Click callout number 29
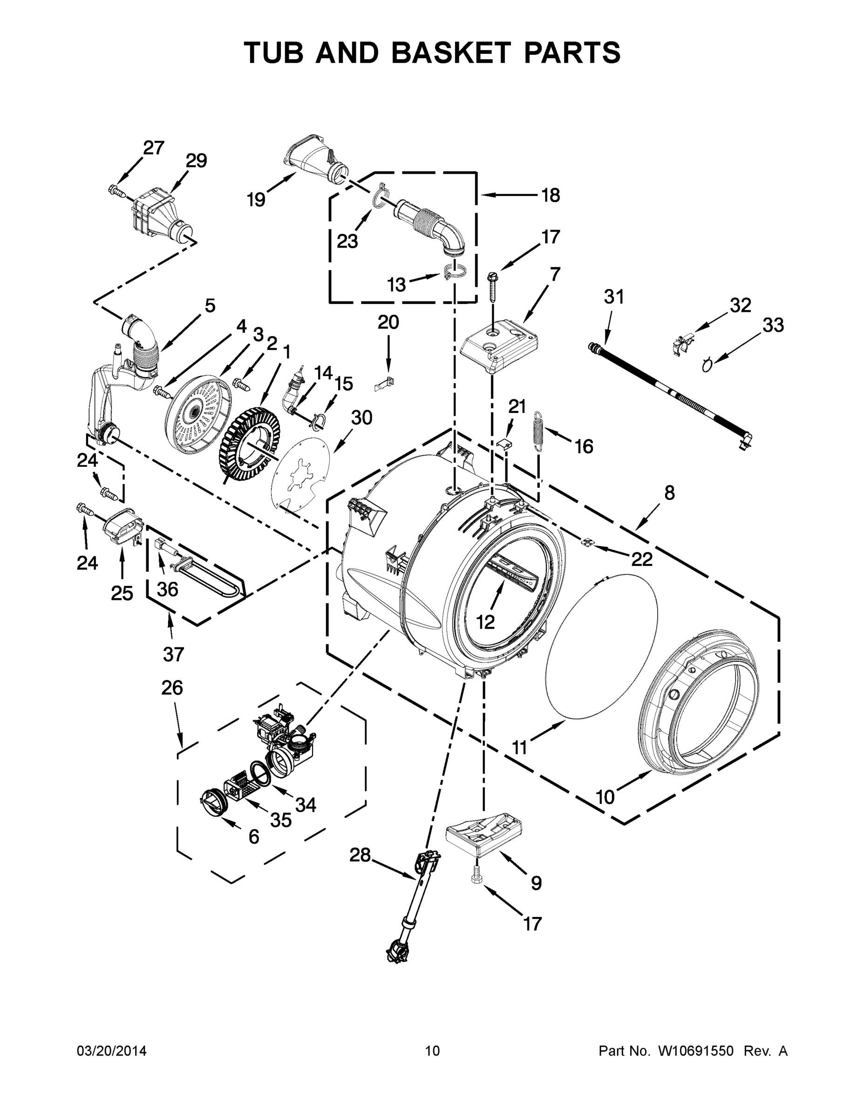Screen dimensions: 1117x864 (196, 161)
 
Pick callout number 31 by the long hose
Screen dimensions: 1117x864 (614, 296)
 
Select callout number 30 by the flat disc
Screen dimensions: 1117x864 (361, 417)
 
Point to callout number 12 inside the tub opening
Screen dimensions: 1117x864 (485, 621)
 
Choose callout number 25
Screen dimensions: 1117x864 (122, 593)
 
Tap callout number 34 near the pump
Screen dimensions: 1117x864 (306, 805)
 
